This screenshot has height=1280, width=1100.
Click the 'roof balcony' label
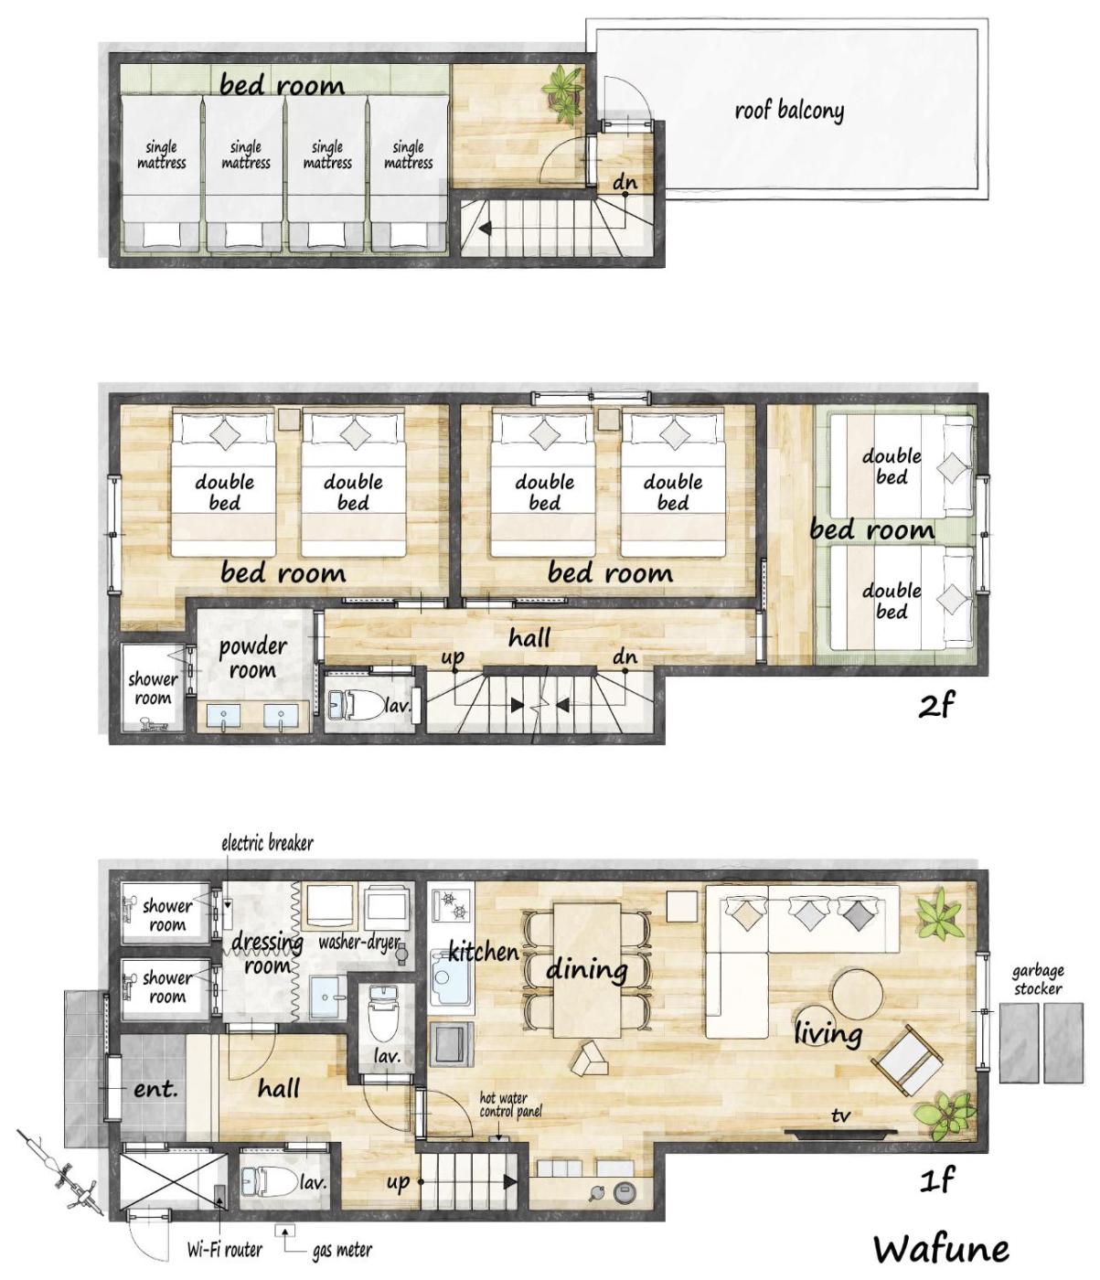tap(789, 112)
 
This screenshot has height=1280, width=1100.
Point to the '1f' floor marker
tap(936, 1179)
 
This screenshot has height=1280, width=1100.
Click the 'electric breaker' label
tap(267, 843)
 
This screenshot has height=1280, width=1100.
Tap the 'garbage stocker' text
tap(1038, 979)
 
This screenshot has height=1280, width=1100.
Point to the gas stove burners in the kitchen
tap(452, 904)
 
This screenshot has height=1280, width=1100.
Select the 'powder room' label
tap(252, 658)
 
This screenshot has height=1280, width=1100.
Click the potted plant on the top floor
tap(563, 93)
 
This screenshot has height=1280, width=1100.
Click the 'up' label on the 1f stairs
tap(399, 1182)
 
